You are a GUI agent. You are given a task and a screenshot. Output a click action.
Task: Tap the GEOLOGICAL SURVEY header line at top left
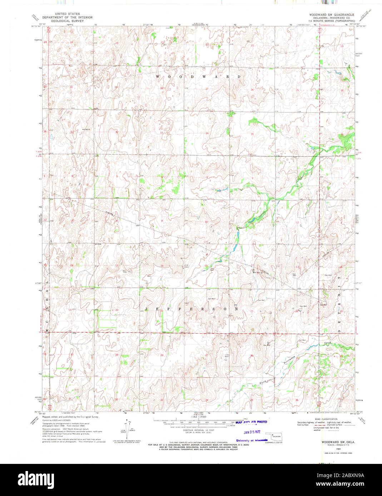(67, 21)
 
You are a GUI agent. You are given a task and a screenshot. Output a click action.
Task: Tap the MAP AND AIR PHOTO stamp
(251, 422)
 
